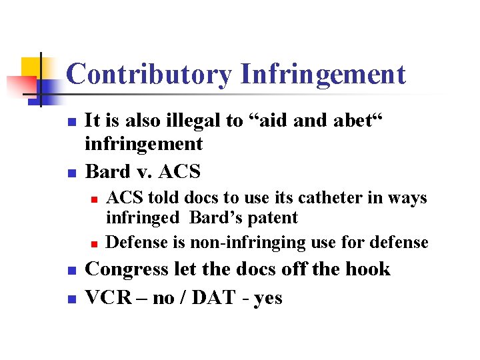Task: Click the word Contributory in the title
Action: pyautogui.click(x=149, y=75)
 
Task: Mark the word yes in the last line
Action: pyautogui.click(x=267, y=299)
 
